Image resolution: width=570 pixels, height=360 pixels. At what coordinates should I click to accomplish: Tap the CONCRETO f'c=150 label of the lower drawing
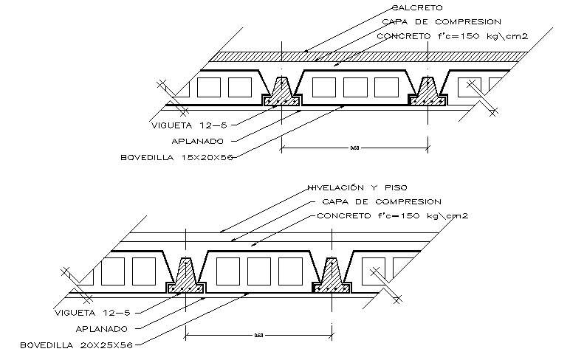click(x=392, y=215)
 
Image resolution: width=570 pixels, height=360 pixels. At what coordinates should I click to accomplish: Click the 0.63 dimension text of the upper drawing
click(x=354, y=148)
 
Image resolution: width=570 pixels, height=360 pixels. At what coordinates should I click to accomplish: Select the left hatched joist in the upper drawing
click(x=282, y=94)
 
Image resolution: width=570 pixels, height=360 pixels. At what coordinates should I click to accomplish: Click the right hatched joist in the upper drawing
click(x=427, y=94)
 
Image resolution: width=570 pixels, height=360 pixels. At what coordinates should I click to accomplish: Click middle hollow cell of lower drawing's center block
click(x=258, y=271)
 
